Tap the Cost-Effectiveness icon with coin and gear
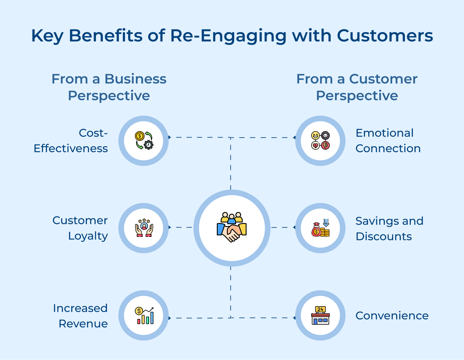pos(144,141)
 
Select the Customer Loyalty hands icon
pos(144,228)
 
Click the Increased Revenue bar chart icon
pos(144,316)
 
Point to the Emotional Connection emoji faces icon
pos(320,141)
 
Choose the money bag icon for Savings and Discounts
pos(320,228)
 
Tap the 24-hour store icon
pos(320,316)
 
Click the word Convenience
pos(392,316)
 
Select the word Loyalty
pos(88,236)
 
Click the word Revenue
pos(83,324)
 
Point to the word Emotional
pos(385,133)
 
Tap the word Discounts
pos(384,237)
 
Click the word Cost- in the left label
pos(93,133)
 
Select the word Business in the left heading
pos(135,79)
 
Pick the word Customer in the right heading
pos(383,79)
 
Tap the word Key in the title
pos(47,36)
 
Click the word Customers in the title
pos(385,36)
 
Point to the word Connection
pos(388,148)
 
